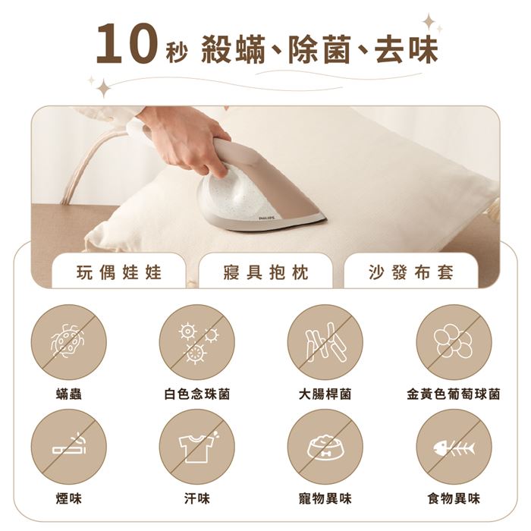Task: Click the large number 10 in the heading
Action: pyautogui.click(x=127, y=44)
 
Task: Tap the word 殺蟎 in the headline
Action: pyautogui.click(x=233, y=49)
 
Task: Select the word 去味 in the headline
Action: pyautogui.click(x=407, y=49)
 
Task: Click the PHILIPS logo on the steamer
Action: pyautogui.click(x=267, y=218)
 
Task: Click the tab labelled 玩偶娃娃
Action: pyautogui.click(x=118, y=272)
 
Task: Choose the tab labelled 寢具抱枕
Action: pyautogui.click(x=265, y=272)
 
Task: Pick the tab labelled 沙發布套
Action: pyautogui.click(x=411, y=272)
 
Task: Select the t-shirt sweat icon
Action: pyautogui.click(x=197, y=447)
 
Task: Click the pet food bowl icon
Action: pyautogui.click(x=325, y=447)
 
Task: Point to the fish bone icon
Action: pyautogui.click(x=454, y=447)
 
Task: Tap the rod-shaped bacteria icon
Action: pyautogui.click(x=325, y=342)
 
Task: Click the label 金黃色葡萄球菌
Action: pyautogui.click(x=454, y=394)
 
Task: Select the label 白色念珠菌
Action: pyautogui.click(x=197, y=394)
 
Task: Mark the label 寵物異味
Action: pyautogui.click(x=325, y=498)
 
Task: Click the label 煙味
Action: pyautogui.click(x=69, y=498)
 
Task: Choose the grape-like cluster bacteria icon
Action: pyautogui.click(x=454, y=342)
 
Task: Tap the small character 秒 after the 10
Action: pyautogui.click(x=177, y=54)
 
